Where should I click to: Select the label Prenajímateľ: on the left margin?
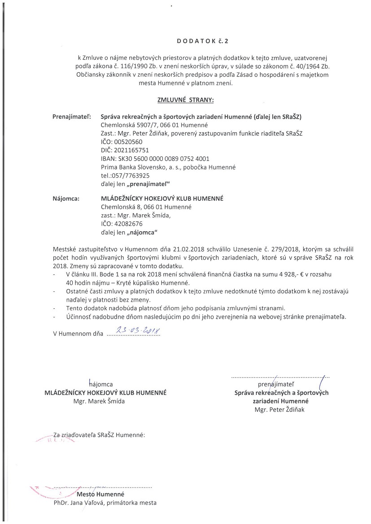coord(72,117)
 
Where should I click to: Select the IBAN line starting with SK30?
coord(155,159)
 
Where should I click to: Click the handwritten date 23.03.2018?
coord(135,331)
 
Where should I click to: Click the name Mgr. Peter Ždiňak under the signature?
coord(281,409)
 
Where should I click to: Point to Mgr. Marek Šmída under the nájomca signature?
coord(99,401)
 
